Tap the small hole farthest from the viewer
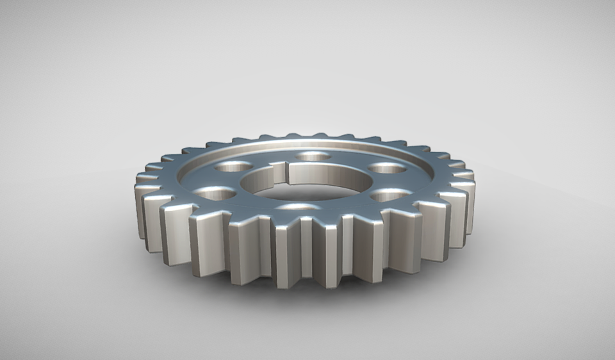pyautogui.click(x=313, y=156)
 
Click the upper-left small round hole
pyautogui.click(x=233, y=167)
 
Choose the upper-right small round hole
pyautogui.click(x=388, y=168)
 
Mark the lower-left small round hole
pyautogui.click(x=215, y=192)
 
